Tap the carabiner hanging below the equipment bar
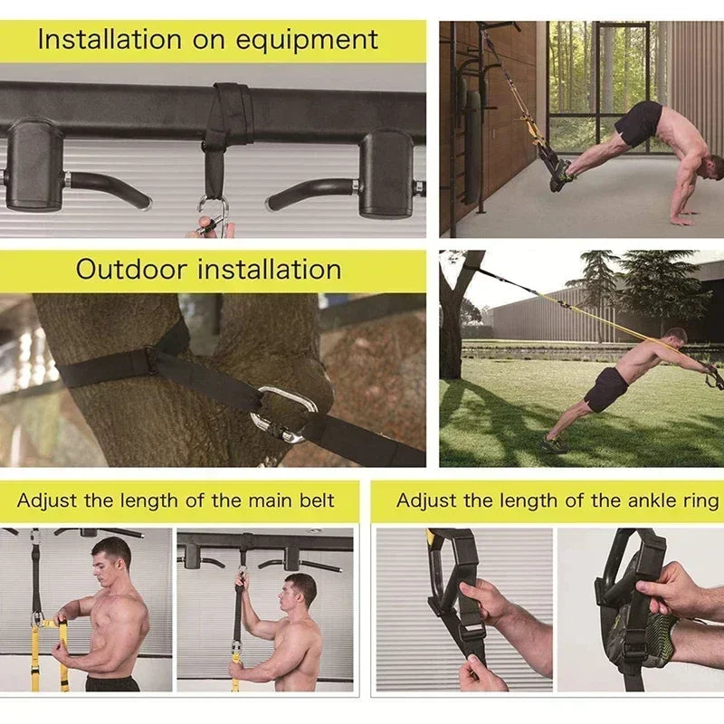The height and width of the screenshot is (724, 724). click(213, 217)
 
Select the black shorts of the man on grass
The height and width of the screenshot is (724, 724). click(605, 389)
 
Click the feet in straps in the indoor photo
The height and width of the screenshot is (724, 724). click(559, 174)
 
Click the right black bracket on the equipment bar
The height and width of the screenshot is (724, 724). click(386, 172)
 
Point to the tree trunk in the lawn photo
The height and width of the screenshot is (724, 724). click(452, 335)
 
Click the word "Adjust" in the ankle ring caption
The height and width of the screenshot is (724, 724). click(426, 500)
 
